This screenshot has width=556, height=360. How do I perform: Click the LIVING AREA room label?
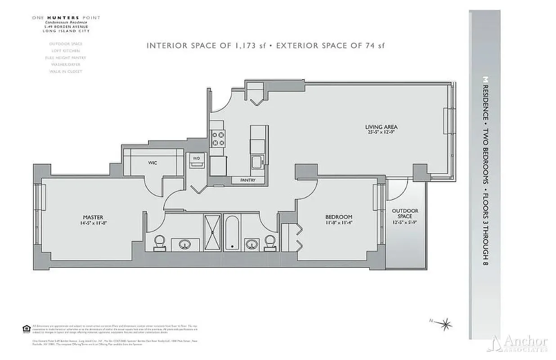[x=381, y=127]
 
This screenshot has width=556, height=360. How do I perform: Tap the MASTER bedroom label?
[x=93, y=217]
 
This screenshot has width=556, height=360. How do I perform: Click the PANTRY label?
[x=247, y=180]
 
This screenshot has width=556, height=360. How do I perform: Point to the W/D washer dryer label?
[x=197, y=158]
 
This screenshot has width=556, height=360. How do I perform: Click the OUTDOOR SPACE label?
[x=405, y=213]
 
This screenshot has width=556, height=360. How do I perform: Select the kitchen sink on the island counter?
[x=257, y=162]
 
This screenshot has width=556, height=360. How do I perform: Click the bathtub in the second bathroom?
[x=232, y=232]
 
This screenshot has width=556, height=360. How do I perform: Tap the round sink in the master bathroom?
[x=185, y=245]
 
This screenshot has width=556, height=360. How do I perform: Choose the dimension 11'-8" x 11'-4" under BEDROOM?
[x=338, y=223]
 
